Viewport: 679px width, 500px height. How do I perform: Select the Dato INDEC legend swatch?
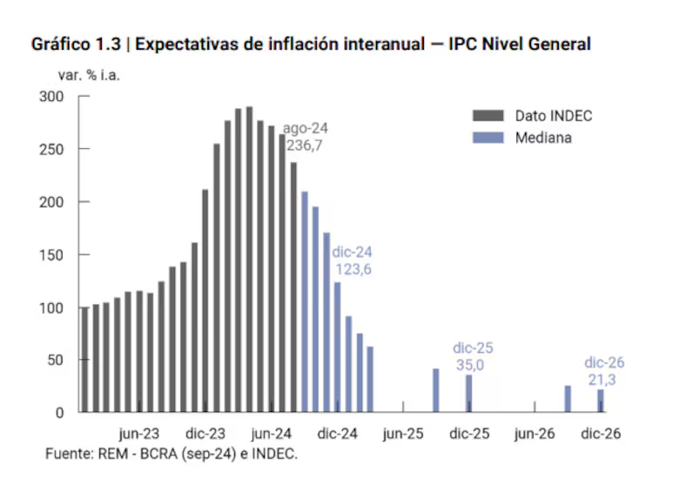pyautogui.click(x=487, y=116)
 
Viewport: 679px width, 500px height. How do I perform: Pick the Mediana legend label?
pyautogui.click(x=543, y=138)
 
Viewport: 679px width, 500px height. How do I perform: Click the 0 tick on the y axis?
pyautogui.click(x=59, y=413)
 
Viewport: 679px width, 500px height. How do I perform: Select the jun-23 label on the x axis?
pyautogui.click(x=139, y=434)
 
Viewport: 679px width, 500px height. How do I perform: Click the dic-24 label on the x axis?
pyautogui.click(x=337, y=434)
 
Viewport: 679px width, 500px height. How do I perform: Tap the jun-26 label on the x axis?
pyautogui.click(x=534, y=434)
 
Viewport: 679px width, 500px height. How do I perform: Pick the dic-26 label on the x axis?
pyautogui.click(x=601, y=434)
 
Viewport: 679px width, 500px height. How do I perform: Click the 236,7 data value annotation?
pyautogui.click(x=305, y=145)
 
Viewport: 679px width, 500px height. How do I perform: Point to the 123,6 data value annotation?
pyautogui.click(x=353, y=270)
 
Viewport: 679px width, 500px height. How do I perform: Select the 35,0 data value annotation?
pyautogui.click(x=469, y=365)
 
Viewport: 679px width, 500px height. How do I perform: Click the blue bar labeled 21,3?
pyautogui.click(x=601, y=401)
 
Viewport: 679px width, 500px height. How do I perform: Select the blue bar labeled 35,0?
pyautogui.click(x=468, y=394)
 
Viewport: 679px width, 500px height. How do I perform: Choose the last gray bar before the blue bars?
pyautogui.click(x=293, y=287)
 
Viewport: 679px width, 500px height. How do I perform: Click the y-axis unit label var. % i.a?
pyautogui.click(x=89, y=74)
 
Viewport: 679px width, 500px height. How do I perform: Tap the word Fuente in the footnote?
pyautogui.click(x=68, y=455)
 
